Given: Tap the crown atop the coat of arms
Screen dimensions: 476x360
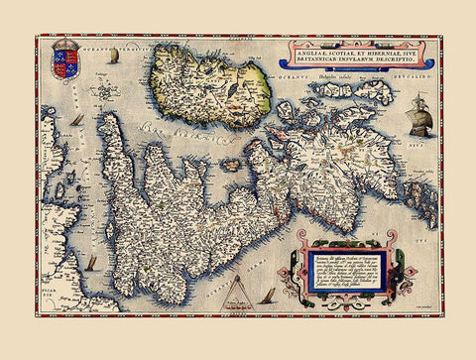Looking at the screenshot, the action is (x=66, y=44).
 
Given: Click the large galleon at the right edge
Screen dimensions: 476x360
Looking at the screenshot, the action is (x=420, y=117).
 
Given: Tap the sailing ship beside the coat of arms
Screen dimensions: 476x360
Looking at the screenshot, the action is (x=113, y=57).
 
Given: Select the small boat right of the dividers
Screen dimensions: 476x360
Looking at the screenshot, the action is (x=268, y=295).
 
